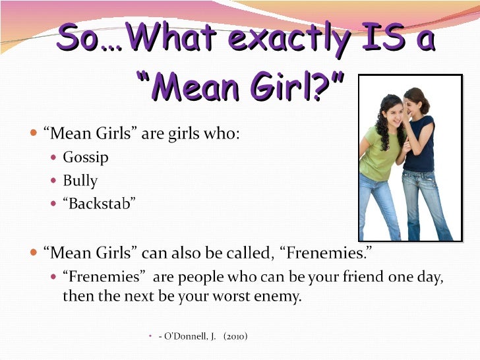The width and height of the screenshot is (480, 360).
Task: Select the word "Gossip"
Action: (86, 158)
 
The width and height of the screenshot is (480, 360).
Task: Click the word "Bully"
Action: (80, 181)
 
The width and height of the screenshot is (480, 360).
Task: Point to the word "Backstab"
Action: (100, 204)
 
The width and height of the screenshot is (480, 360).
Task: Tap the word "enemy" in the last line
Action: (278, 297)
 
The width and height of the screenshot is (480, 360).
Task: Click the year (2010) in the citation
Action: (235, 336)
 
